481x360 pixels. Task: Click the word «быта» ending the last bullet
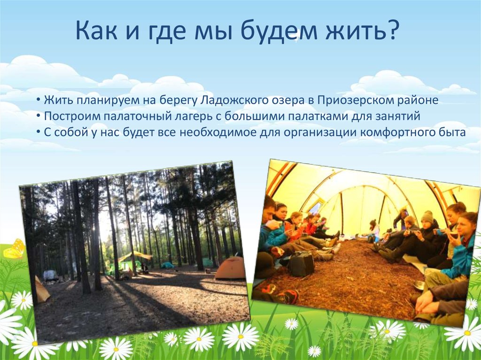(454, 132)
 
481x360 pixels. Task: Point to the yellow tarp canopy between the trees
(135, 256)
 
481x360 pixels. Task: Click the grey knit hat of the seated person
(427, 216)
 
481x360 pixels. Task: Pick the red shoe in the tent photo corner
(288, 296)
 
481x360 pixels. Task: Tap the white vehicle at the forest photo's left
(50, 275)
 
